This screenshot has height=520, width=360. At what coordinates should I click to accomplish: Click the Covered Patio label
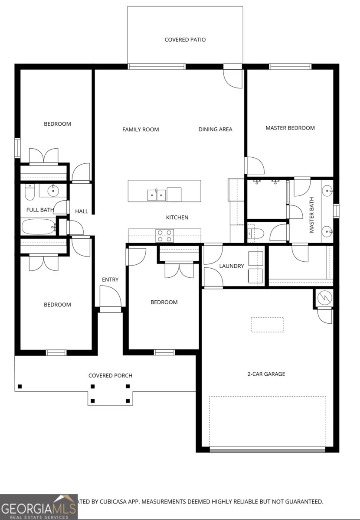185,40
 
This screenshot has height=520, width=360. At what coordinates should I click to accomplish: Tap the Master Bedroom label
290,128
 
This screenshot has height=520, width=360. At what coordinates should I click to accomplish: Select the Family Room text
141,129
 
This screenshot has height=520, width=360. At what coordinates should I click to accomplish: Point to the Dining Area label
215,129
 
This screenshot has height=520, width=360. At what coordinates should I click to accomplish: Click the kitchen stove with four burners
164,235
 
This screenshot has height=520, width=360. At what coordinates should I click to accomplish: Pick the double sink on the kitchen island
156,195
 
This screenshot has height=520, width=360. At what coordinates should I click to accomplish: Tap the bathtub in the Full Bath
38,226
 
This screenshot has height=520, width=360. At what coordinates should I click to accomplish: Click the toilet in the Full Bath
29,192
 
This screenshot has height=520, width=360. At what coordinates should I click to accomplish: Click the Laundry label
231,266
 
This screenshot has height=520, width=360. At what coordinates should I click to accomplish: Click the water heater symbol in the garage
324,297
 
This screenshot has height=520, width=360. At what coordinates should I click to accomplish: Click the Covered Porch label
110,375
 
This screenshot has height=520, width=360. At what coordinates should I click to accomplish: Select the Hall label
82,211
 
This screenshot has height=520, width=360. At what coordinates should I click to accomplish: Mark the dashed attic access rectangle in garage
267,325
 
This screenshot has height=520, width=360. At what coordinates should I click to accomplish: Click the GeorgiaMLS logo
39,507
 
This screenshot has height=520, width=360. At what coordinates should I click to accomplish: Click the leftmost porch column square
20,386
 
